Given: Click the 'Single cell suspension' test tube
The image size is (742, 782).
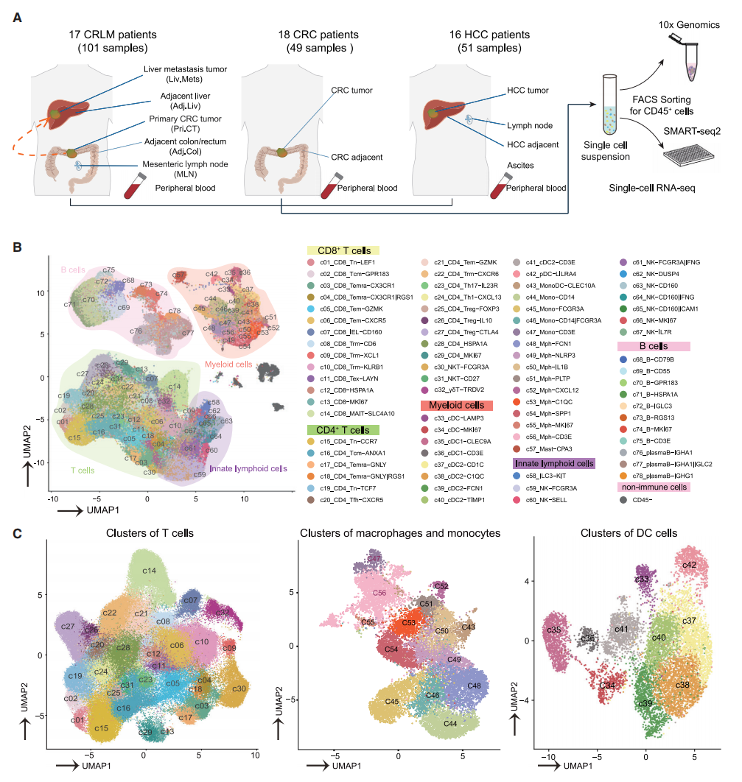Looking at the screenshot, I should tap(609, 110).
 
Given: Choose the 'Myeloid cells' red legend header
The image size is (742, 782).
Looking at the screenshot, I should tap(455, 405).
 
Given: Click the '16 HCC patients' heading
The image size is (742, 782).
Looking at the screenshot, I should tap(489, 35).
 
